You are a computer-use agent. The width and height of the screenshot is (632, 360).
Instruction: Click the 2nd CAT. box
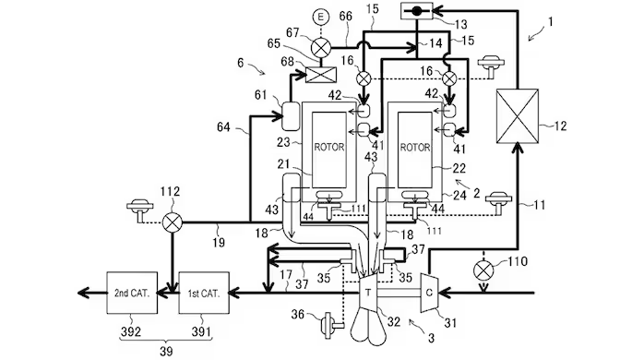coord(132,293)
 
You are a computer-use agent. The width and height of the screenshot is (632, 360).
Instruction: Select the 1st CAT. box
coord(204,293)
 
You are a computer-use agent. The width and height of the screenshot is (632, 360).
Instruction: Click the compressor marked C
coord(429,293)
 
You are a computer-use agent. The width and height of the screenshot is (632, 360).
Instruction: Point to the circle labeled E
coord(321,17)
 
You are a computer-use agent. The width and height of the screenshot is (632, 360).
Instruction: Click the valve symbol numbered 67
coord(321,48)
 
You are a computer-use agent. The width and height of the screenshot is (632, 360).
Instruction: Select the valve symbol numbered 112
coord(173,222)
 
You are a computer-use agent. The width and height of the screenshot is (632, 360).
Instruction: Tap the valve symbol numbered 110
coord(483,270)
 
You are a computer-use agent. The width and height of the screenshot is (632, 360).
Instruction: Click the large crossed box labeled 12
coord(517,116)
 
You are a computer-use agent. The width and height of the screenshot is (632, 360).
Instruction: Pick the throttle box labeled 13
coord(417,11)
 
